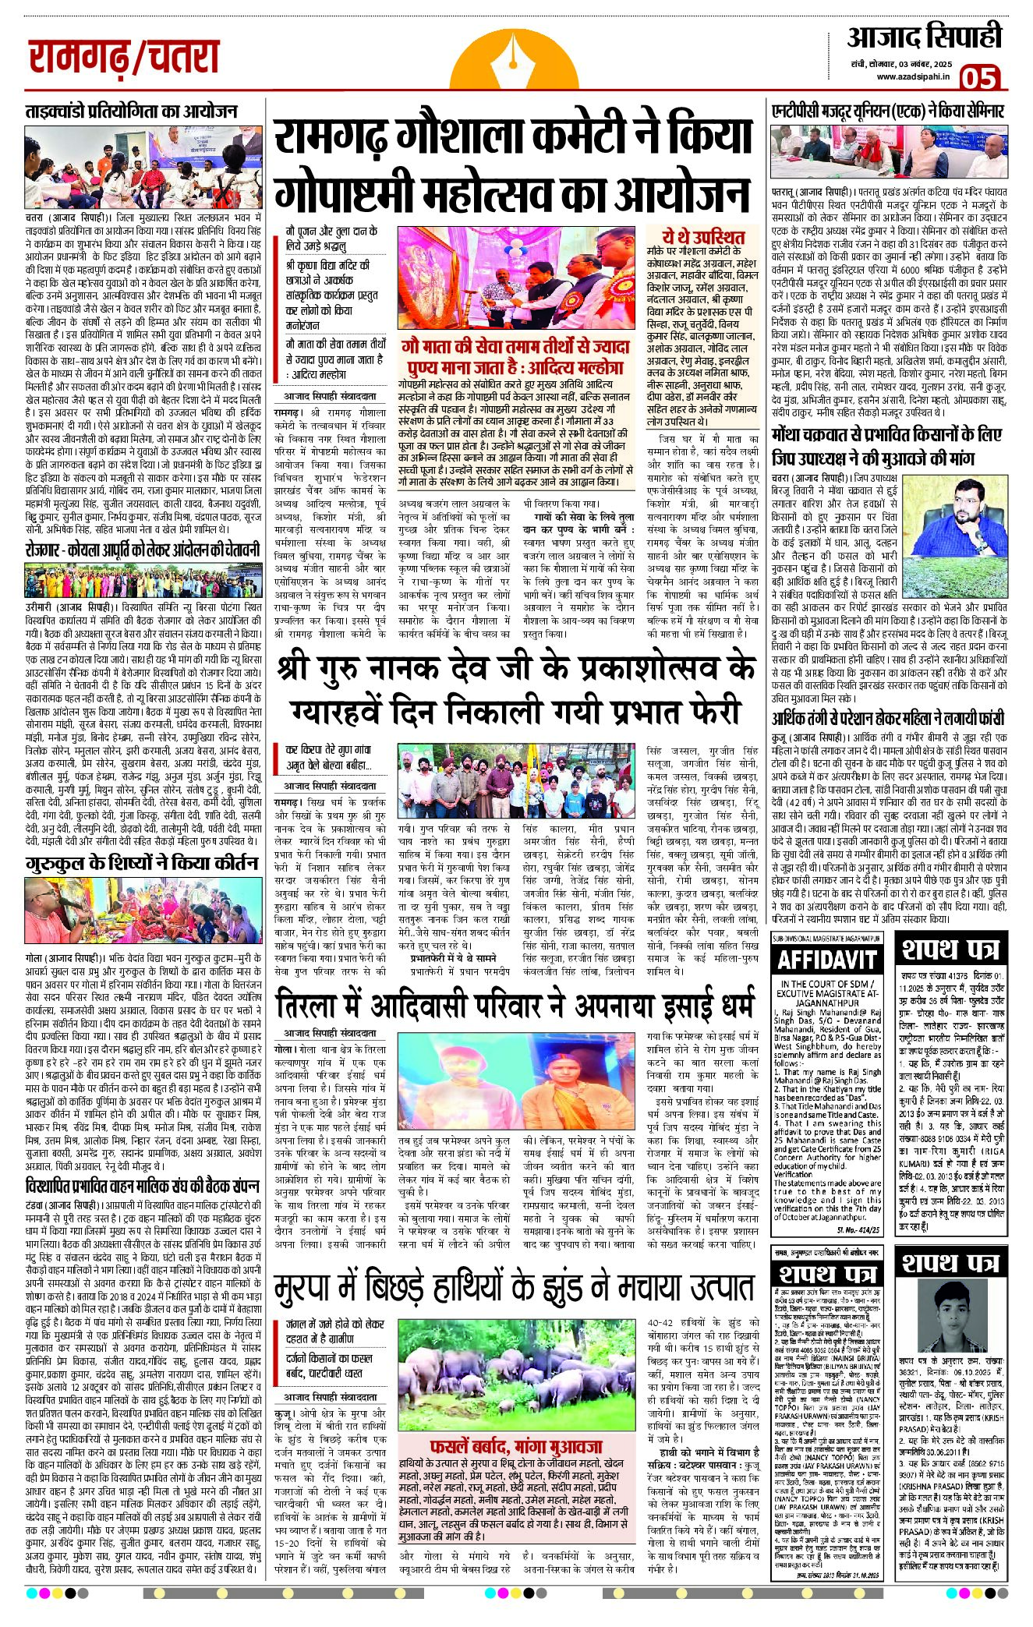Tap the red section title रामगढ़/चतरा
tap(125, 57)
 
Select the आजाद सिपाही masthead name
tap(925, 37)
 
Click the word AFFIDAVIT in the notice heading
tap(826, 960)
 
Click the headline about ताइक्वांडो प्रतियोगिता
tap(131, 111)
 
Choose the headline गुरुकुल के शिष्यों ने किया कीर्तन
tap(141, 864)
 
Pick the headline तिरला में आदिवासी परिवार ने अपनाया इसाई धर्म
tap(515, 1005)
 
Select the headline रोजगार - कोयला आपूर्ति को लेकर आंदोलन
tap(142, 550)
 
